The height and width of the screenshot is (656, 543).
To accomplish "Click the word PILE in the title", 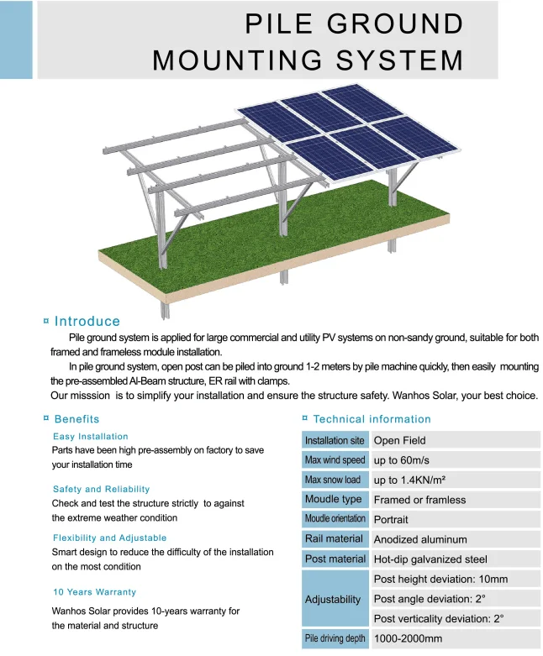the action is click(x=278, y=24).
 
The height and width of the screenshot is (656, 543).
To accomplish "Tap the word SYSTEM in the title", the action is click(x=400, y=60).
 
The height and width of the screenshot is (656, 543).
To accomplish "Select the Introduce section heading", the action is click(x=87, y=321).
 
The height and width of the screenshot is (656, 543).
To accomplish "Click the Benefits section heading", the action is click(x=76, y=419).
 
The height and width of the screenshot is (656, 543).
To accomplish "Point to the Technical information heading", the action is click(x=372, y=419).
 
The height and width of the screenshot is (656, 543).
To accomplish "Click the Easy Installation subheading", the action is click(x=91, y=437).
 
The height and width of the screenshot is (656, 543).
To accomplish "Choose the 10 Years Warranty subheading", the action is click(x=95, y=592).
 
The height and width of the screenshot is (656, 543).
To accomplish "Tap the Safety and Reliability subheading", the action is click(x=101, y=489).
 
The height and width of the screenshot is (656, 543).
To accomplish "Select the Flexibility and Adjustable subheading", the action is click(x=109, y=538).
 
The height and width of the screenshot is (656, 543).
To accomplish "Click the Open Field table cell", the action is click(x=455, y=440).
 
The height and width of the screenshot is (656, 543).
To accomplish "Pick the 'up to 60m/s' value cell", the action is click(x=455, y=460).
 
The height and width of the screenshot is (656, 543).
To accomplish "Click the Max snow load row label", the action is click(x=335, y=480).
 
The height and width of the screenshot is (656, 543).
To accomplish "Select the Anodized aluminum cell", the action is click(x=455, y=539).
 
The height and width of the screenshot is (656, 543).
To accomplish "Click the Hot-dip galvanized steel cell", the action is click(x=455, y=559).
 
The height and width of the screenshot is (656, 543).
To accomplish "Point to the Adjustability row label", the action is click(x=335, y=599).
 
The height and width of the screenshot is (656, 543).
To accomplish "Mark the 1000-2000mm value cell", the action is click(x=455, y=638).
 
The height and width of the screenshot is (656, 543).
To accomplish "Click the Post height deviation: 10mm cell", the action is click(x=455, y=579).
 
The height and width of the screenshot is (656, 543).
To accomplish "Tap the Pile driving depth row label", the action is click(x=335, y=638).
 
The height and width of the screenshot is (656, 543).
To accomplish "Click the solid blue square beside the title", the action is click(x=16, y=39).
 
